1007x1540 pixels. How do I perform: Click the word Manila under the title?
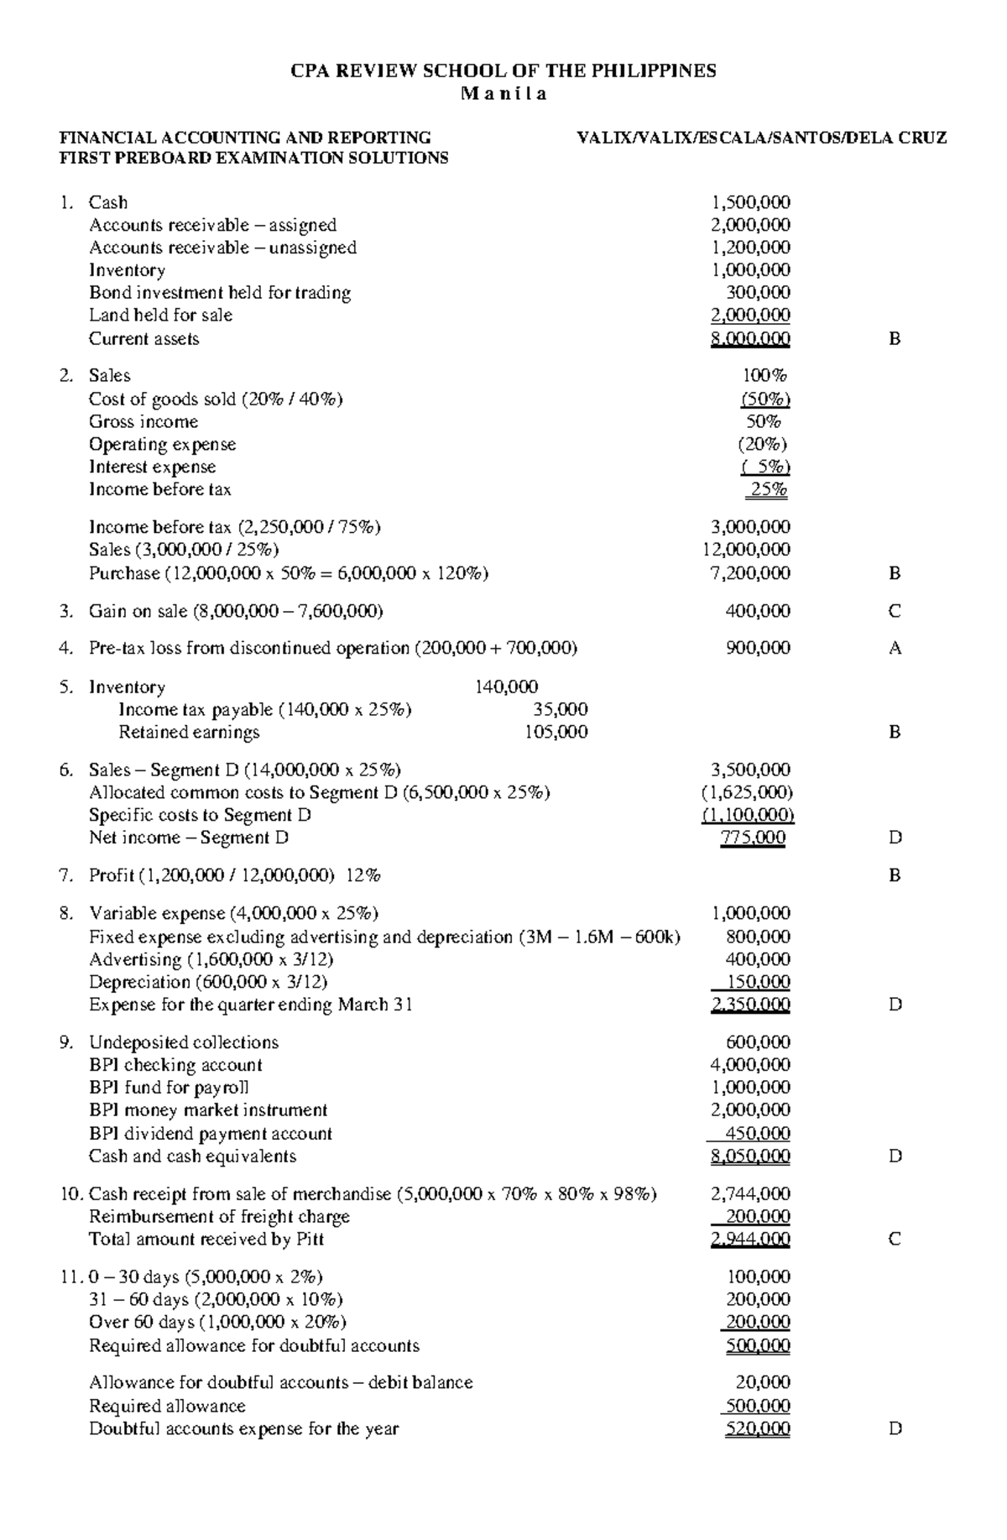click(503, 94)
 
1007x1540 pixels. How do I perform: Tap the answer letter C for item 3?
click(895, 611)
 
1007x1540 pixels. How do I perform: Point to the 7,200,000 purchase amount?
click(749, 573)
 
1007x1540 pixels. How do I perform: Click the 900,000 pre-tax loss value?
click(757, 648)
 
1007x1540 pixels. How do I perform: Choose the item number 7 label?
click(66, 875)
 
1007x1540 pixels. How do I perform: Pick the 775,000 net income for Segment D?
click(753, 838)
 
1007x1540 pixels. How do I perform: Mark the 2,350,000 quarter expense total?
click(749, 1005)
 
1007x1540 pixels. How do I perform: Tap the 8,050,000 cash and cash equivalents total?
click(749, 1156)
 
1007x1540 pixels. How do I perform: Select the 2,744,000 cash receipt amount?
click(749, 1193)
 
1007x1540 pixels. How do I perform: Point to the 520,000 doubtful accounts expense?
click(757, 1429)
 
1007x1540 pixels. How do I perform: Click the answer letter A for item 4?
click(895, 648)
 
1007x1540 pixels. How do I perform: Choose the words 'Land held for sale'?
click(160, 316)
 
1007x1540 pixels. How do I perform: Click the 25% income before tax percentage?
click(769, 489)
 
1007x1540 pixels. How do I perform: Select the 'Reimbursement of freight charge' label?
click(219, 1217)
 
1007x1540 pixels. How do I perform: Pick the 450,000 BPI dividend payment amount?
click(757, 1134)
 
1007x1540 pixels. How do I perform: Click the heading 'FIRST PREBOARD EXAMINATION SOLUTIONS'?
click(252, 158)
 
